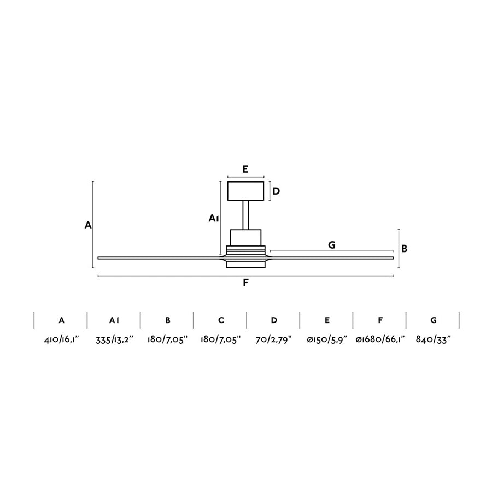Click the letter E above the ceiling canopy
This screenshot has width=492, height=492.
245,169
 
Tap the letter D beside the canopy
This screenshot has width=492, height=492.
276,191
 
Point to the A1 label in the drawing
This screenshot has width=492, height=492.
214,218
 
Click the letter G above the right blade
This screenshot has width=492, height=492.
332,245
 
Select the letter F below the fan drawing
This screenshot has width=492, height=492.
245,283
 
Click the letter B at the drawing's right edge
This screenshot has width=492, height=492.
405,249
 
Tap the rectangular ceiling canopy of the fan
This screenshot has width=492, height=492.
245,191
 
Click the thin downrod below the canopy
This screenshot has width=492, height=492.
245,215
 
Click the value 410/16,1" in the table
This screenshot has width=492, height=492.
61,339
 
